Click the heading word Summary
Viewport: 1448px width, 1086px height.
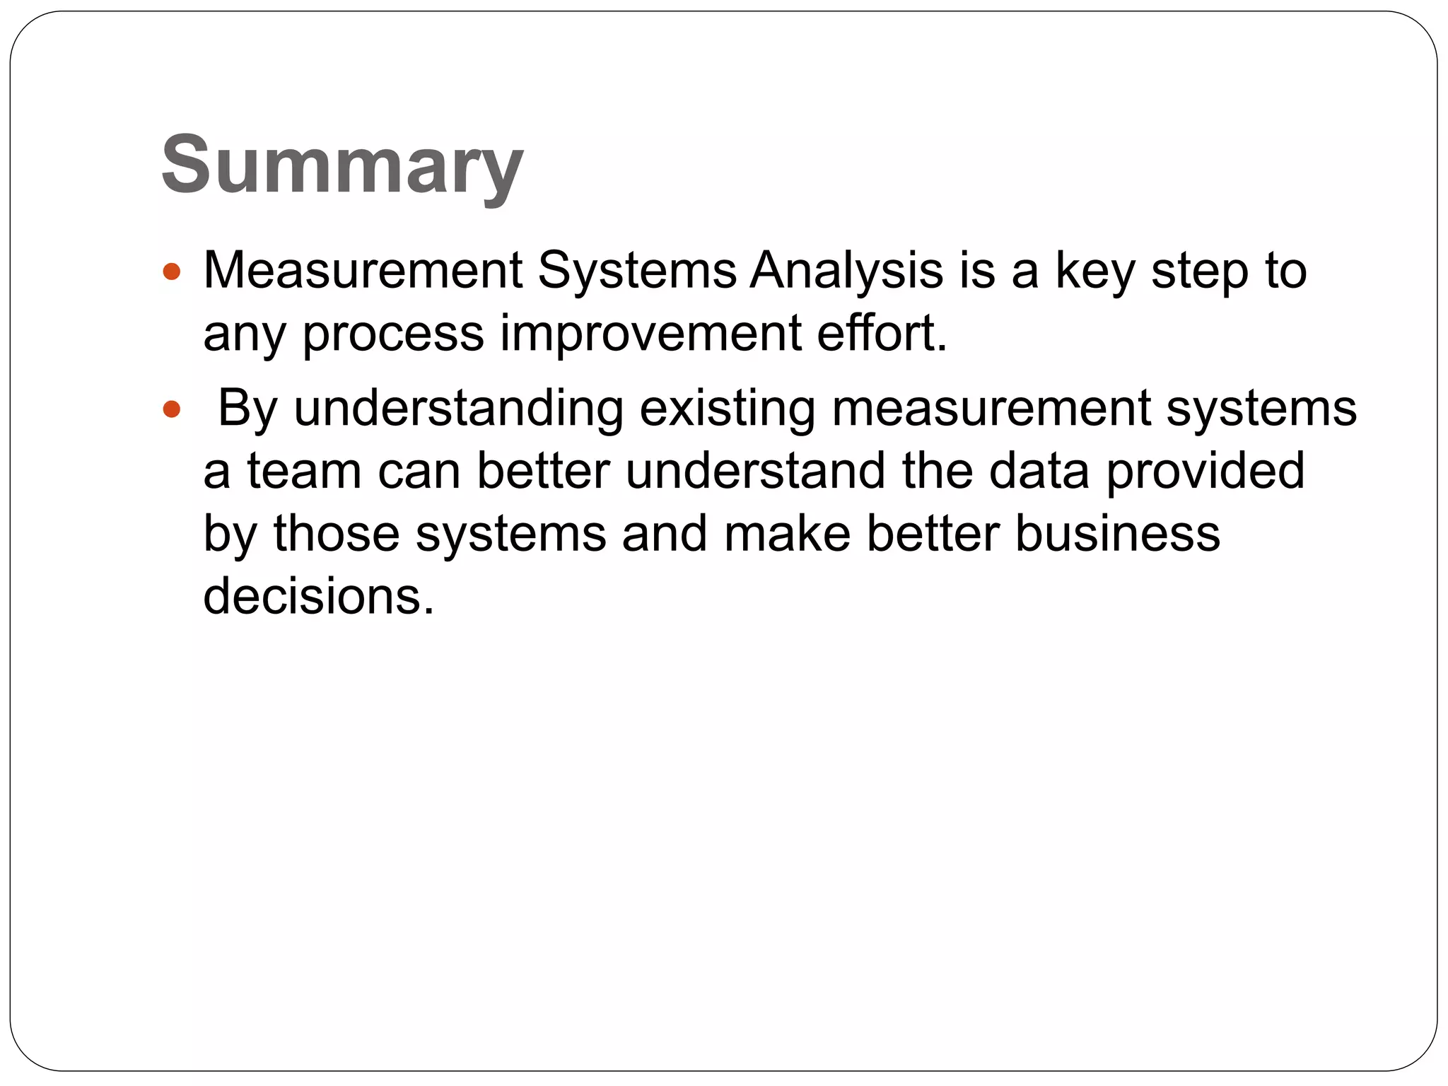pos(341,166)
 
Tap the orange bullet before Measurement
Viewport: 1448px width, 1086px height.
pos(171,271)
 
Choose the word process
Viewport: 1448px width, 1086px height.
pos(393,335)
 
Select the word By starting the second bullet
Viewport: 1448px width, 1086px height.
pos(247,410)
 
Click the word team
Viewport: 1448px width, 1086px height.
pos(304,472)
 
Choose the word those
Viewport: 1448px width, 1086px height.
pos(337,534)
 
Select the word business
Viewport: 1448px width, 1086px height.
pos(1118,534)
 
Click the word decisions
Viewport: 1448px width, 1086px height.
pos(318,596)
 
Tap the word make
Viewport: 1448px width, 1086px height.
pos(787,534)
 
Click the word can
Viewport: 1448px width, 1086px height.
pos(419,472)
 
